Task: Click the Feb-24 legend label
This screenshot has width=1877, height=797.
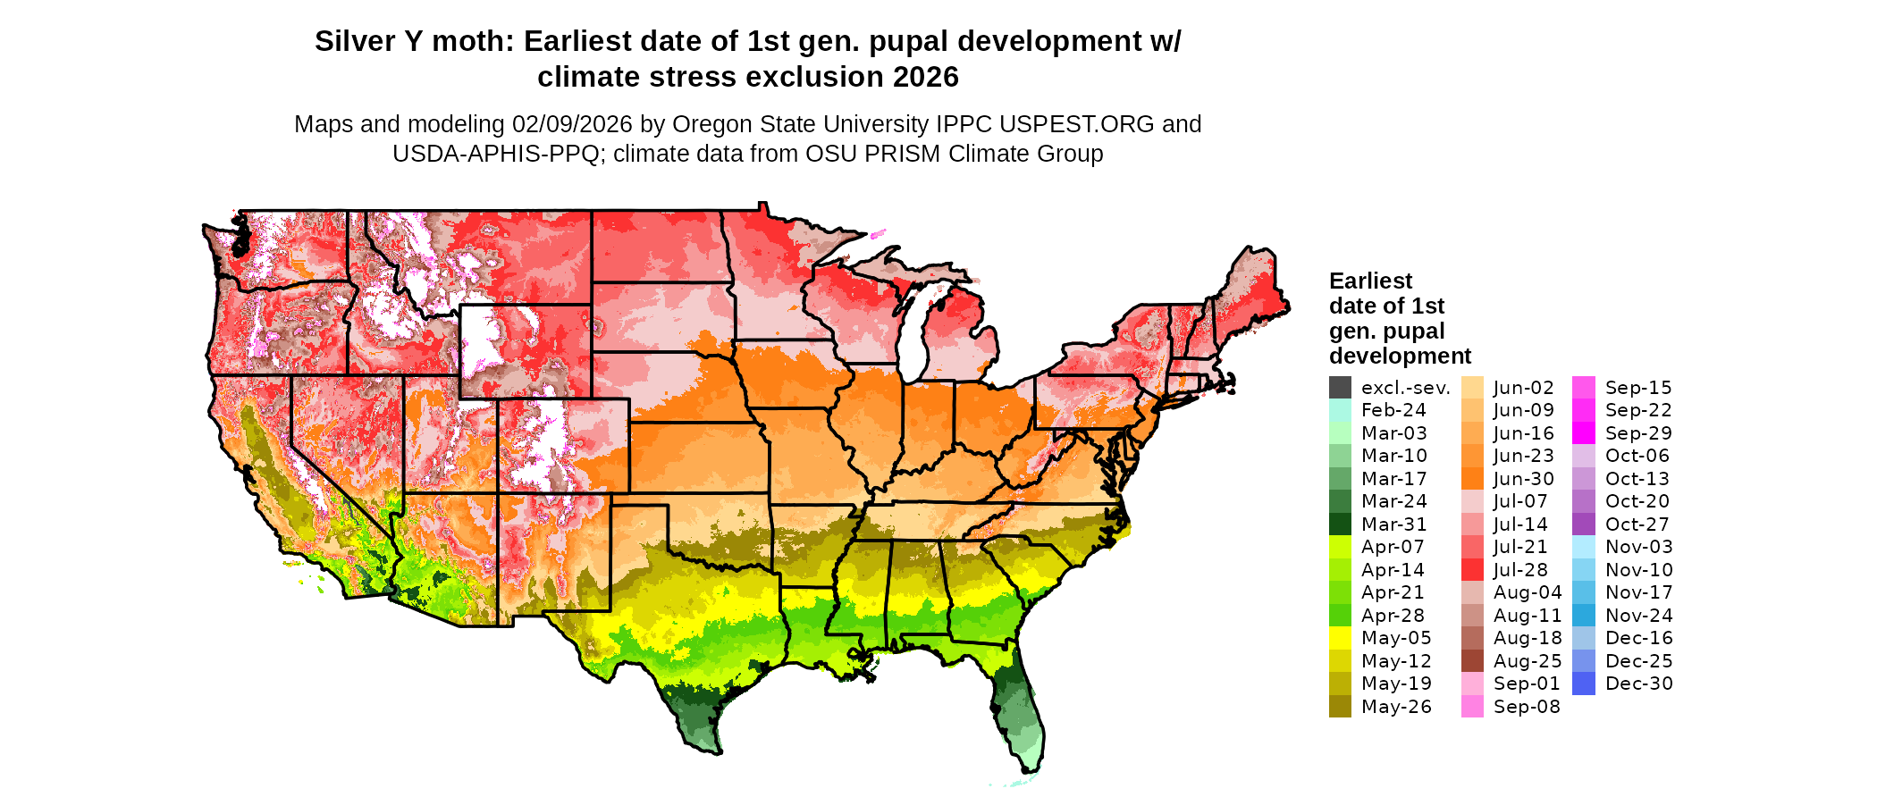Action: coord(1393,410)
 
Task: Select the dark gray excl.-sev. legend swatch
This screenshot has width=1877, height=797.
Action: coord(1340,388)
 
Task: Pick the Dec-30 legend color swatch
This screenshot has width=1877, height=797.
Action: coord(1583,684)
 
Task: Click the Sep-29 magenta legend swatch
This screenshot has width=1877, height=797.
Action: coord(1583,433)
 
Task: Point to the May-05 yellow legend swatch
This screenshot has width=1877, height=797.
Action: coord(1340,638)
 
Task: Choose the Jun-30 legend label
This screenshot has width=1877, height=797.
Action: coord(1523,479)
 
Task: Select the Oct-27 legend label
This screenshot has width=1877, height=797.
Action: coord(1637,524)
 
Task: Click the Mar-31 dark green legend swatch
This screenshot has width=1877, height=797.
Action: coord(1340,524)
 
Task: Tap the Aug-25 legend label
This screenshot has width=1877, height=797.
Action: coord(1528,661)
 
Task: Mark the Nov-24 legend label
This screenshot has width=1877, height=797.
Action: coord(1638,616)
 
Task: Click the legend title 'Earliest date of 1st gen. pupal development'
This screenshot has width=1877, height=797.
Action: coord(1399,319)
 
